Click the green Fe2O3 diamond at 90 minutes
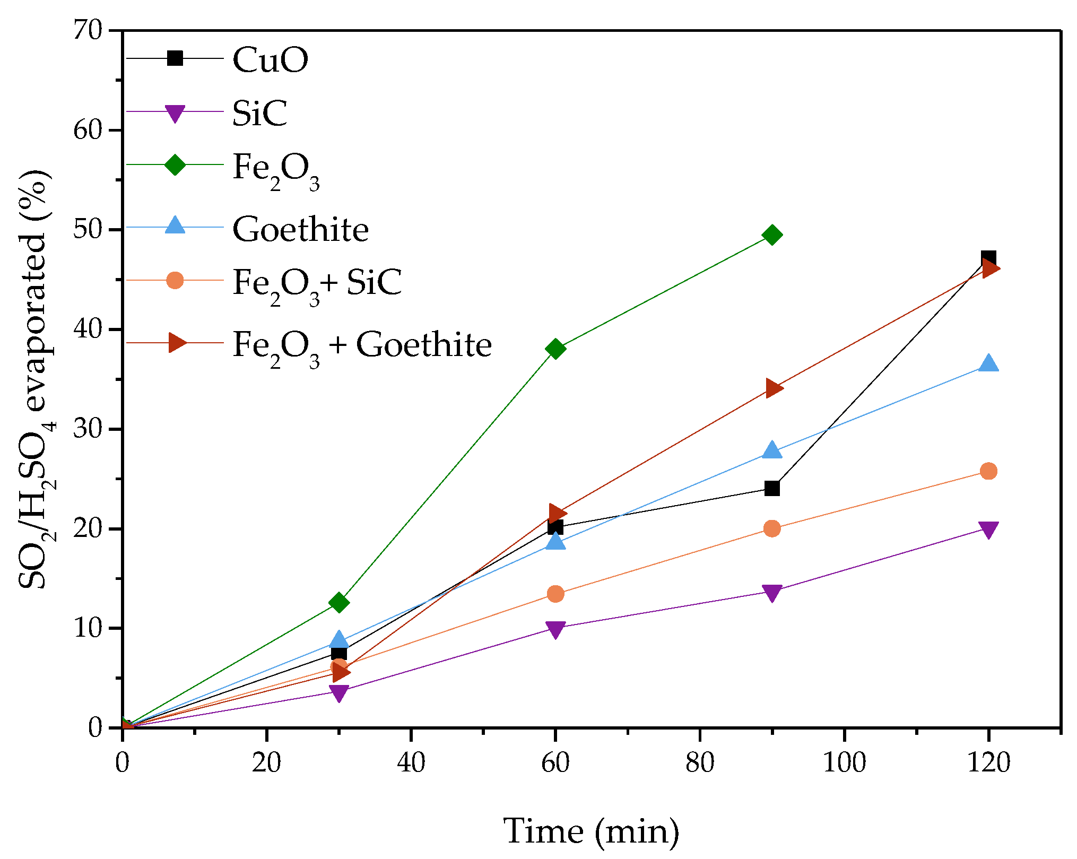coord(772,235)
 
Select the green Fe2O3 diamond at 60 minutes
coord(555,349)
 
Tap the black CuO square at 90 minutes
coord(772,488)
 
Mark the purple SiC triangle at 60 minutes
coord(555,629)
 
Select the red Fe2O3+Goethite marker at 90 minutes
coord(773,388)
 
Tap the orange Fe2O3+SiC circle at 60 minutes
coord(555,594)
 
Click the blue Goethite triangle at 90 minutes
coord(772,450)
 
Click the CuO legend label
coord(270,59)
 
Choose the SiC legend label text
coord(259,112)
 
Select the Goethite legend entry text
coord(300,229)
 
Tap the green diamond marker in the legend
coord(175,164)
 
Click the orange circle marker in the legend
coord(175,280)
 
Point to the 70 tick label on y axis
coord(87,30)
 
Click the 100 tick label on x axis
coord(844,762)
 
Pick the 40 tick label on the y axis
coord(87,329)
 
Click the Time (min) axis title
coord(591,831)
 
